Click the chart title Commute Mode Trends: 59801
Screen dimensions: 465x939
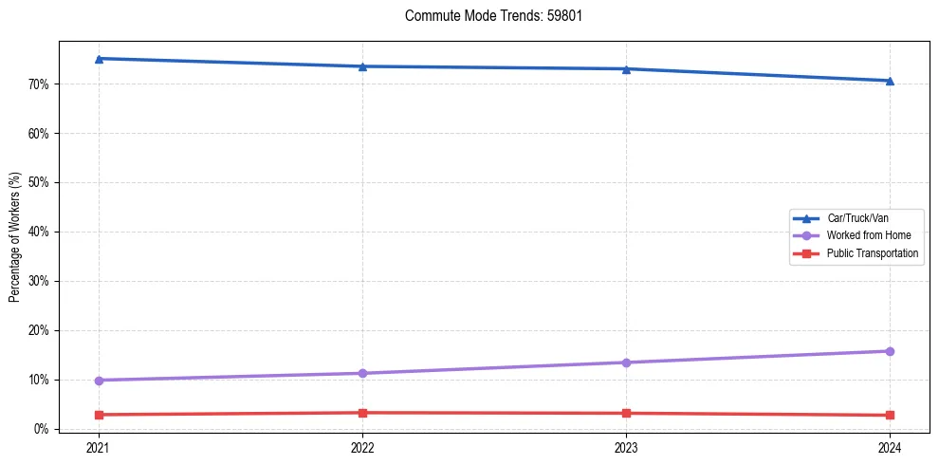pos(487,16)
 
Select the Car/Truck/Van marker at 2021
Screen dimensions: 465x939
pos(99,59)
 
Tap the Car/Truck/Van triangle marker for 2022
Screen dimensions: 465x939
pos(362,66)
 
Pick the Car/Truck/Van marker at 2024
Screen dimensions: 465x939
pos(890,81)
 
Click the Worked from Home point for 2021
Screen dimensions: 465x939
pos(99,381)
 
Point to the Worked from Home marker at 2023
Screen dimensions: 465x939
pos(626,363)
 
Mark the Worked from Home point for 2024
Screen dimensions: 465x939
pos(890,351)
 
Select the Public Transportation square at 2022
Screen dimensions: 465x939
pos(362,413)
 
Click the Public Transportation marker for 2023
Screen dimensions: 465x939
pos(626,414)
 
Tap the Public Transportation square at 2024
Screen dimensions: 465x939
pos(890,416)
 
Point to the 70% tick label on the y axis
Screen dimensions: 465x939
pos(39,84)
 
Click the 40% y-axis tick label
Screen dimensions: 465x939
pos(39,232)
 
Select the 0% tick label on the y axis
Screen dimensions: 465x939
pos(42,429)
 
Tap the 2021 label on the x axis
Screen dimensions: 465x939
pos(99,447)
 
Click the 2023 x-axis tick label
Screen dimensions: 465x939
pos(626,447)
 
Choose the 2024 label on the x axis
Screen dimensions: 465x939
pos(890,447)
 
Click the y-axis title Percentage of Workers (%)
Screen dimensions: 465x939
pos(15,237)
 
